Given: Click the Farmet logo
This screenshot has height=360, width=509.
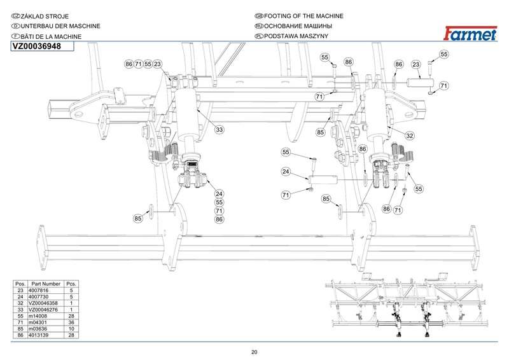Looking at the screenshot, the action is tap(470, 34).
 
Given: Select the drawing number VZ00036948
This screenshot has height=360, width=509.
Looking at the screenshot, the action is tap(37, 46).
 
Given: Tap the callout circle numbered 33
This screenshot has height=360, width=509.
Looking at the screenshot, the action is tap(220, 130).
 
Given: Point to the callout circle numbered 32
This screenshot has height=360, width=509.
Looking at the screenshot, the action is tap(410, 135).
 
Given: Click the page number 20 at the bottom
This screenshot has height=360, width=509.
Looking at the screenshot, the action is tap(254, 352).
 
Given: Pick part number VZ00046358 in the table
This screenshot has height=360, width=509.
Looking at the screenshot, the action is tap(43, 303).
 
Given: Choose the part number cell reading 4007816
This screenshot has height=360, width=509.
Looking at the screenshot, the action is tap(38, 291).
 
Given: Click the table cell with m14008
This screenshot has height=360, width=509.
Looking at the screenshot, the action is tap(38, 316).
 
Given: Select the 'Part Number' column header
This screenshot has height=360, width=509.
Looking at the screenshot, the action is tap(46, 284).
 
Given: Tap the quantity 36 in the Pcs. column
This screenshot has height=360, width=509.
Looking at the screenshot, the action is tap(71, 322).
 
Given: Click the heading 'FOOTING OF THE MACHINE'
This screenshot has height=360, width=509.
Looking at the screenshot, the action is tap(303, 16).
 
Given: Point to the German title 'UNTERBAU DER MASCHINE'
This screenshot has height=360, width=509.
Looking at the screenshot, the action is tap(60, 26).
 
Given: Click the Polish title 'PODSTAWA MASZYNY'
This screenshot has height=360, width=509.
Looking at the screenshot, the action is tap(296, 36).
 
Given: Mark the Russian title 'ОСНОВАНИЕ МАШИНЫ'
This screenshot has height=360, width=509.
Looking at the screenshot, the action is tap(298, 26).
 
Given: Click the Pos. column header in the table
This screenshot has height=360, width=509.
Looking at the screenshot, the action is tap(20, 284).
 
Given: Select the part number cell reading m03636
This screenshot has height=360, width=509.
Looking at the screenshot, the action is tap(38, 329).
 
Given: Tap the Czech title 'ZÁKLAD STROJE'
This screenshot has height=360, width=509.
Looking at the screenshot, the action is tap(45, 17).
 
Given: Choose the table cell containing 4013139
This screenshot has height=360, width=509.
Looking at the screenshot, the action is tap(38, 335).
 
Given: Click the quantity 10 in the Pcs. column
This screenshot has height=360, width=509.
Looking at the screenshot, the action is tap(71, 329).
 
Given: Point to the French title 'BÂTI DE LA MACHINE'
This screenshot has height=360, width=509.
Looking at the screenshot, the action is tap(51, 36).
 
